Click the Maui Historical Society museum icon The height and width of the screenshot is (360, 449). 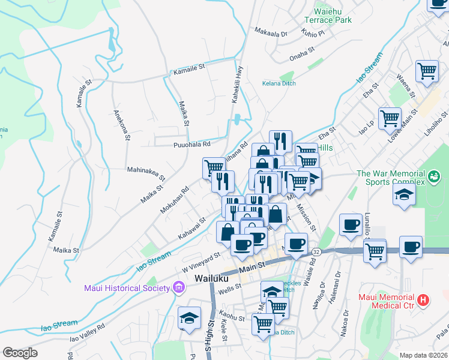click(178, 288)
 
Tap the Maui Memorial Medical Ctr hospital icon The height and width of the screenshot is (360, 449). click(424, 299)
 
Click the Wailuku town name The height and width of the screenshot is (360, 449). click(214, 279)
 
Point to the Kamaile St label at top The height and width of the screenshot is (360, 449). click(190, 72)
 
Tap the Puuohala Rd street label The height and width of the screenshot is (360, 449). click(191, 145)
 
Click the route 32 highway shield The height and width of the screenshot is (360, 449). click(316, 253)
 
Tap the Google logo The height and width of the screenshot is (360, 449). click(20, 353)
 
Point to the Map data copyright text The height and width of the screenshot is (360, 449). click(423, 355)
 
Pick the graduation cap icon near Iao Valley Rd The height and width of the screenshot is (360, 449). click(190, 317)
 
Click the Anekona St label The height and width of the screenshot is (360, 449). click(121, 125)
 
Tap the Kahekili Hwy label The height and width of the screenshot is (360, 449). click(238, 85)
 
